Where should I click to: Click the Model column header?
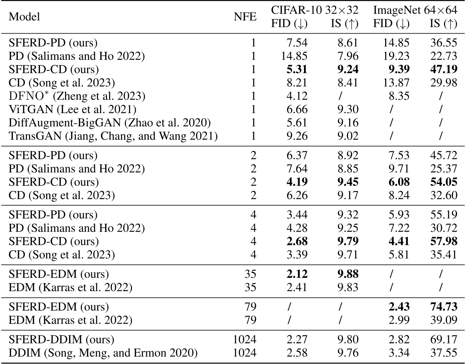pyautogui.click(x=24, y=17)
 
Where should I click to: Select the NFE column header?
pyautogui.click(x=245, y=17)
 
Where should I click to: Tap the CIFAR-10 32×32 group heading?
pyautogui.click(x=315, y=10)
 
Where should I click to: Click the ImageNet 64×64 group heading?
pyautogui.click(x=415, y=10)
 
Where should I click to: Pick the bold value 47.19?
pyautogui.click(x=443, y=69)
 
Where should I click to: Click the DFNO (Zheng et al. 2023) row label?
pyautogui.click(x=77, y=96)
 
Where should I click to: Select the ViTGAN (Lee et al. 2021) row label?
pyautogui.click(x=72, y=109)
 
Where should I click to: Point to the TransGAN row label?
pyautogui.click(x=113, y=136)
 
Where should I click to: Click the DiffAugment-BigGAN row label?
pyautogui.click(x=110, y=122)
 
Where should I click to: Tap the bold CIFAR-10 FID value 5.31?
pyautogui.click(x=297, y=69)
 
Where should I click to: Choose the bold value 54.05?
pyautogui.click(x=443, y=182)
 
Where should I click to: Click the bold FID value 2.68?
pyautogui.click(x=297, y=241)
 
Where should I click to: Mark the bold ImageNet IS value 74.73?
pyautogui.click(x=443, y=307)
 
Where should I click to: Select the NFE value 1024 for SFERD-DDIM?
pyautogui.click(x=245, y=339)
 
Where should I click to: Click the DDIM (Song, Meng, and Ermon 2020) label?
pyautogui.click(x=103, y=353)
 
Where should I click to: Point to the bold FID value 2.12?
pyautogui.click(x=297, y=274)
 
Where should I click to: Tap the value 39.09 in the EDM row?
pyautogui.click(x=443, y=320)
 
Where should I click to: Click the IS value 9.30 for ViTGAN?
pyautogui.click(x=347, y=109)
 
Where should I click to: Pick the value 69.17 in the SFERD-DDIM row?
pyautogui.click(x=443, y=339)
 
